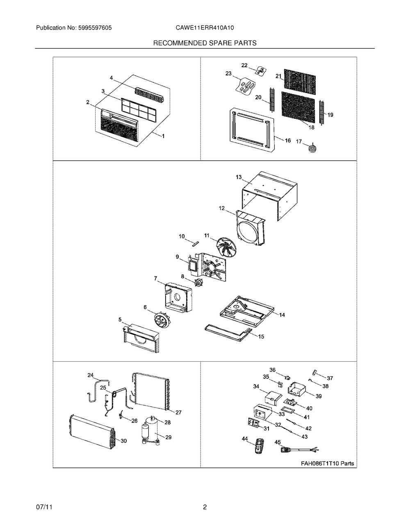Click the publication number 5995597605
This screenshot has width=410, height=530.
[95, 28]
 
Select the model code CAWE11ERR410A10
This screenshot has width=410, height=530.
[205, 28]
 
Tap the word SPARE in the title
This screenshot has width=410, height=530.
[221, 43]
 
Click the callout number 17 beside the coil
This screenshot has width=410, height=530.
[299, 141]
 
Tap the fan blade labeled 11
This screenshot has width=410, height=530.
[224, 248]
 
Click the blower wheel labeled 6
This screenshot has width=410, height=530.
[162, 320]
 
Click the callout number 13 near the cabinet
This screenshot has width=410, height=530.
[239, 177]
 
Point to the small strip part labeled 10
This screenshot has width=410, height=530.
[196, 244]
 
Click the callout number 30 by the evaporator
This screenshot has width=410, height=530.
[124, 441]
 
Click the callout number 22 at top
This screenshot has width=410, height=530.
[244, 66]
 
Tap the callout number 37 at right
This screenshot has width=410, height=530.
[330, 378]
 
